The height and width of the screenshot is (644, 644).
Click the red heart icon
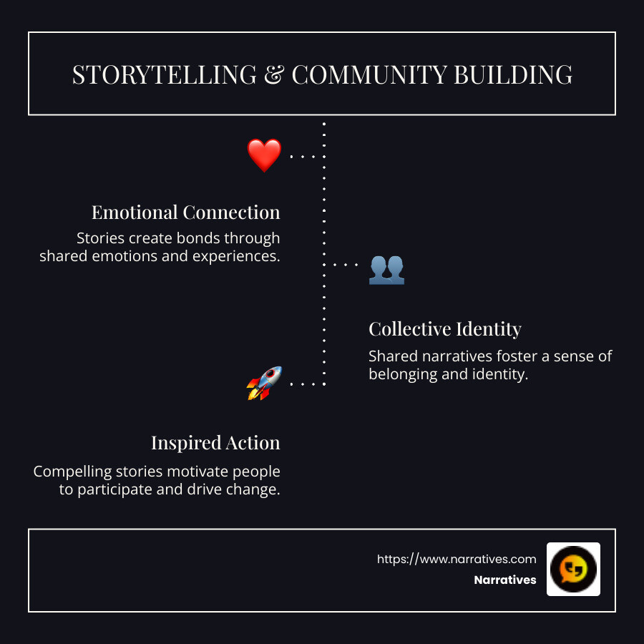264,155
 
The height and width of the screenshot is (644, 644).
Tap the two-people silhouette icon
386,270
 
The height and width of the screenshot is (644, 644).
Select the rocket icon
264,384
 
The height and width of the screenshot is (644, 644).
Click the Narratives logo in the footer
573,569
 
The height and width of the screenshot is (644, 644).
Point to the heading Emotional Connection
185,213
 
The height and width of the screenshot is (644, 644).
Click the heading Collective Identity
444,329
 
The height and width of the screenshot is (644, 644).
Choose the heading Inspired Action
215,443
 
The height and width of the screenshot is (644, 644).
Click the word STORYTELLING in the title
164,74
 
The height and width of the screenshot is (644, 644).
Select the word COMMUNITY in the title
369,74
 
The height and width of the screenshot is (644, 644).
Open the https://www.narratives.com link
457,559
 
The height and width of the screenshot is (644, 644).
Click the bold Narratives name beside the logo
504,580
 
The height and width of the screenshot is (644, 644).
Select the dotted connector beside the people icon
344,265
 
